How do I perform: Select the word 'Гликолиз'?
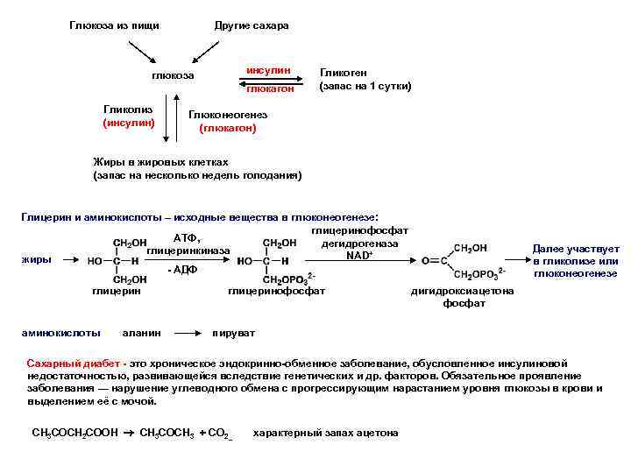coord(128,109)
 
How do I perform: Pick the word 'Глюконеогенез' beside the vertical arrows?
coord(228,116)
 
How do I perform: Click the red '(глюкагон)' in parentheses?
coord(228,128)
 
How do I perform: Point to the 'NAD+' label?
coord(359,255)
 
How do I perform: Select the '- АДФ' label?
coord(182,270)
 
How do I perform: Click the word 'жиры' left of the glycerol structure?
coord(36,259)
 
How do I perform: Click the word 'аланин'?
coord(140,333)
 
